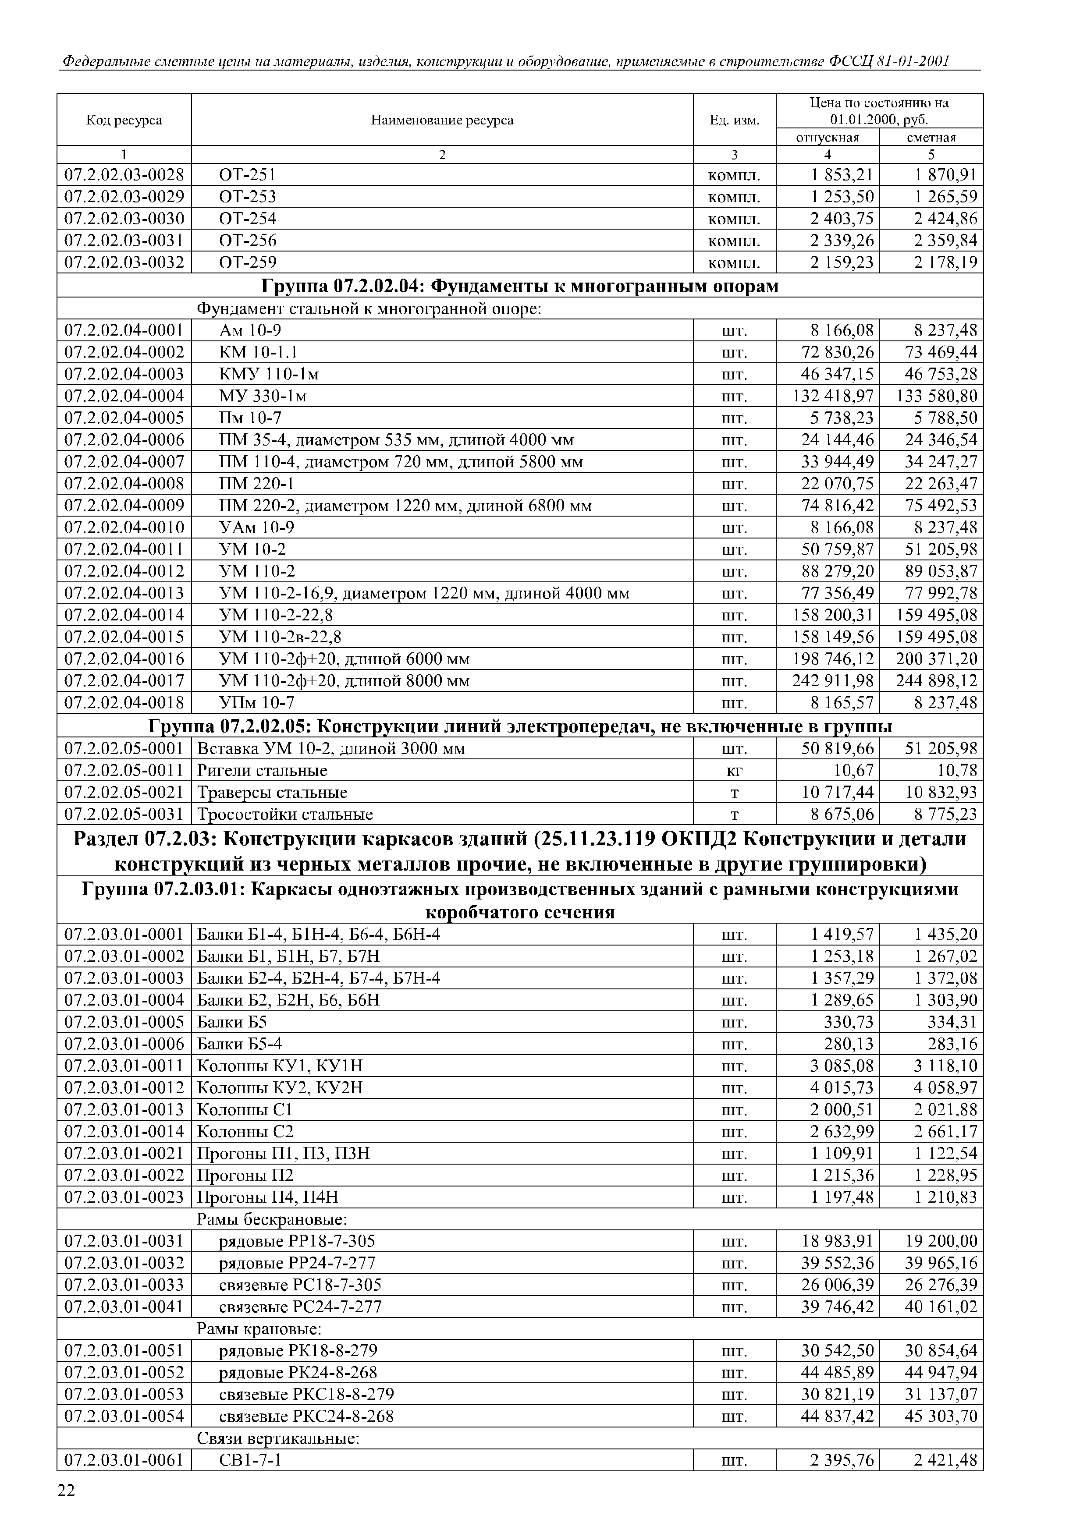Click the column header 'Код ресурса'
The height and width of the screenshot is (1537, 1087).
[x=124, y=120]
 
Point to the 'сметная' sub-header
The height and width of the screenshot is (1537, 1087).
[x=931, y=137]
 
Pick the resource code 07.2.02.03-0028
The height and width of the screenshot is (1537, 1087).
[x=124, y=175]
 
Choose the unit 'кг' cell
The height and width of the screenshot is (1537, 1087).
[x=734, y=771]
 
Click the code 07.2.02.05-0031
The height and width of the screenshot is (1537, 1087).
[x=124, y=815]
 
